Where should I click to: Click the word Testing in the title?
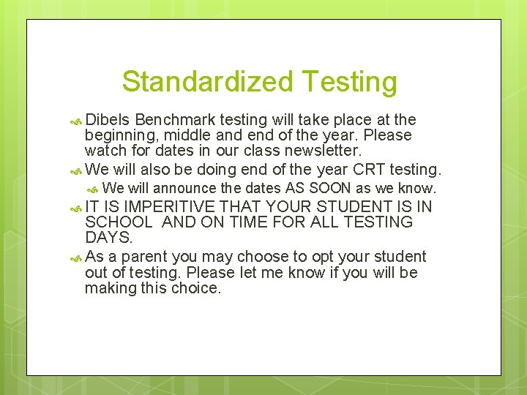[x=348, y=81]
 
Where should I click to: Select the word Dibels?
[x=107, y=119]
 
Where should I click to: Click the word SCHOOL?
[x=118, y=222]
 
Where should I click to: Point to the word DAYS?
[x=108, y=238]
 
